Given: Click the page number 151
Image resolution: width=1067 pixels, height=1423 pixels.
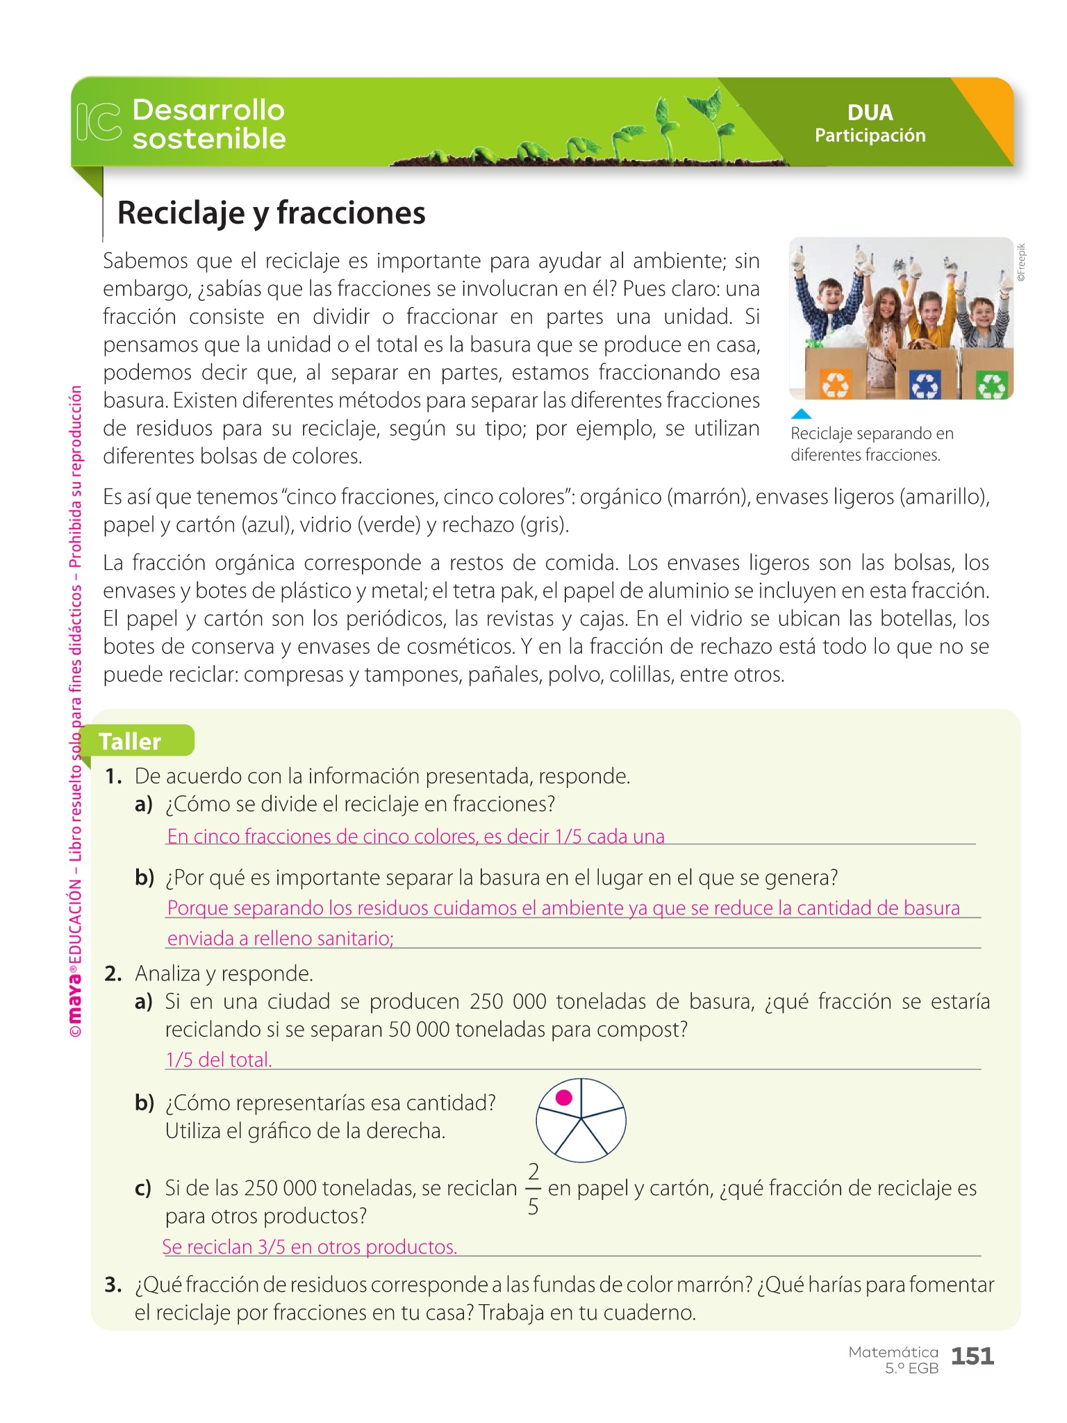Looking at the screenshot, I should pos(972,1356).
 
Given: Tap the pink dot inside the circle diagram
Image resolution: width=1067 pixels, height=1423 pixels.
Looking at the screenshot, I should pos(564,1097).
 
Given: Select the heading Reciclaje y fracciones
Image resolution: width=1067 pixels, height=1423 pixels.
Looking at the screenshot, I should pos(271,213).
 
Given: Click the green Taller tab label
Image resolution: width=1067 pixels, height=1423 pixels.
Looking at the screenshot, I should pos(131,741).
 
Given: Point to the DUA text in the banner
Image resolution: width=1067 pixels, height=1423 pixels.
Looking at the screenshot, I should pos(870,113).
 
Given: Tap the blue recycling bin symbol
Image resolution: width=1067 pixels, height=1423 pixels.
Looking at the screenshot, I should pos(925,384).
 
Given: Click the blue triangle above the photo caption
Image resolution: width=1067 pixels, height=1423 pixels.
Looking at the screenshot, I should pos(801,414).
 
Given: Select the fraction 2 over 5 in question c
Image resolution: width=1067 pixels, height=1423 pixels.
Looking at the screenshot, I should pos(533,1189).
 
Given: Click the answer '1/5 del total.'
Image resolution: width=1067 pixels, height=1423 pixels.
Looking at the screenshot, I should pos(219,1060).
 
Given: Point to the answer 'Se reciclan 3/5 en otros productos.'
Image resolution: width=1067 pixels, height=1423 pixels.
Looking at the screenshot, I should pos(310,1247).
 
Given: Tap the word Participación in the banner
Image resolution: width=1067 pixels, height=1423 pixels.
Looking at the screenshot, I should pos(870,135).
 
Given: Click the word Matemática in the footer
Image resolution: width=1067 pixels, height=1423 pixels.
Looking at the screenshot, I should pos(893,1352).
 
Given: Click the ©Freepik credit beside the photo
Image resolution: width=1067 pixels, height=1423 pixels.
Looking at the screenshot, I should pos(1020,263).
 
